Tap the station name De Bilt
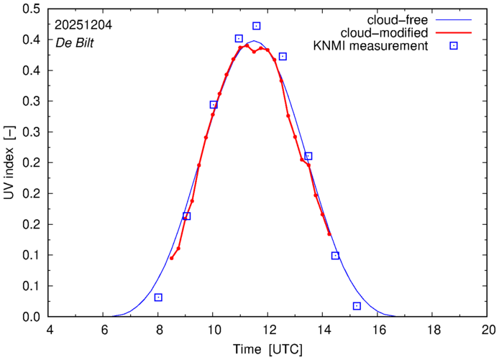click(74, 42)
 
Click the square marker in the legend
click(454, 47)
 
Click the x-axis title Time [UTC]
click(268, 349)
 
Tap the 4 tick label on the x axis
click(49, 330)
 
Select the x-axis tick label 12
click(268, 330)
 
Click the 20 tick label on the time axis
click(488, 330)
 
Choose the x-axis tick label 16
click(378, 330)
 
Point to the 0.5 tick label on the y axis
click(31, 9)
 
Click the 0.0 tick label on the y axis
click(31, 317)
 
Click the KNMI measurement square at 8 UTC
click(158, 297)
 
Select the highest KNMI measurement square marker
click(257, 26)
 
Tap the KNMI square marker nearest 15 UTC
click(357, 306)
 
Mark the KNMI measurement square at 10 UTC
click(214, 105)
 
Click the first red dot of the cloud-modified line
click(171, 258)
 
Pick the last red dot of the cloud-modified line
click(329, 234)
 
